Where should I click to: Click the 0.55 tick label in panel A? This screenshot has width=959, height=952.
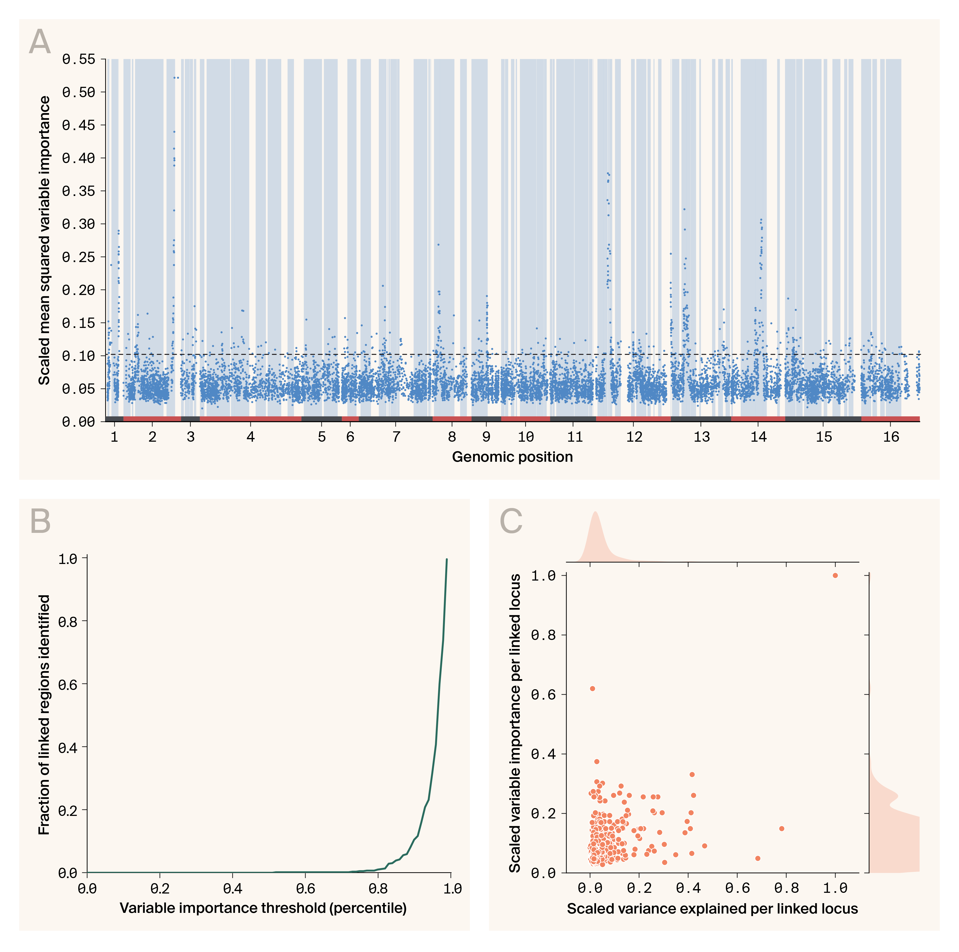(78, 60)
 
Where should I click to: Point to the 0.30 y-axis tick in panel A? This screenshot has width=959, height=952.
(78, 224)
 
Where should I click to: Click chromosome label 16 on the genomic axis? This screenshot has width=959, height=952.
(891, 437)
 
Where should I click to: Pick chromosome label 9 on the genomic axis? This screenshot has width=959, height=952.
(486, 437)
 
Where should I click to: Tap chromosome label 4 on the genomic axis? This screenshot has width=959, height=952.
(251, 437)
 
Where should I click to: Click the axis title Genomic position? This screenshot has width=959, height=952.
(512, 457)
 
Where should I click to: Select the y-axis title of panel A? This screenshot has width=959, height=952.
(45, 240)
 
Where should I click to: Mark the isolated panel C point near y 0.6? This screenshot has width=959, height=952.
(592, 688)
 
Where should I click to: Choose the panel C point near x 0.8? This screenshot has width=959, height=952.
(782, 828)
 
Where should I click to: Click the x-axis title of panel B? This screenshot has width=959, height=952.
(263, 908)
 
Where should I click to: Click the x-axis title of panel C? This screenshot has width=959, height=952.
(712, 909)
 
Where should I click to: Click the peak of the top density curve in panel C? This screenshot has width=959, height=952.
(595, 513)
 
